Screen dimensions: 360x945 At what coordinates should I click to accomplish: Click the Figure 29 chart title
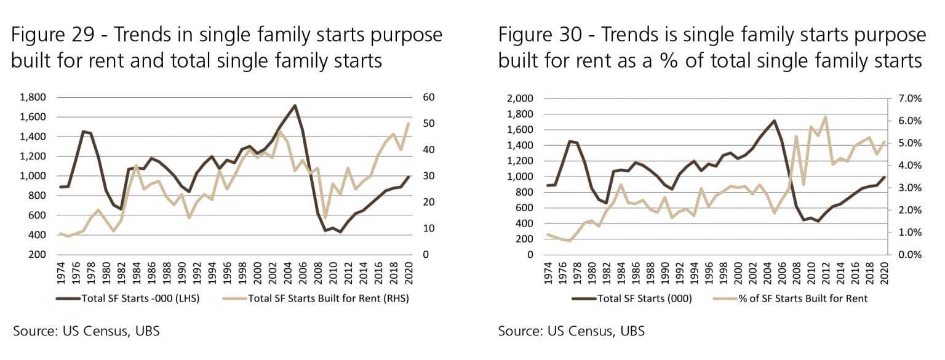[x=226, y=47]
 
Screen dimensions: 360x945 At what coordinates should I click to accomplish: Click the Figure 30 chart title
[x=712, y=47]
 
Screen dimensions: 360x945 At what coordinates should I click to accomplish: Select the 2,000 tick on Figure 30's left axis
[x=519, y=98]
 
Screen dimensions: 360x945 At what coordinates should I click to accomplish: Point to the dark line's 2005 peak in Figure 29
[x=295, y=105]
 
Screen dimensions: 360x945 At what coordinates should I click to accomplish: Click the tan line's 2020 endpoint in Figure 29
[x=408, y=123]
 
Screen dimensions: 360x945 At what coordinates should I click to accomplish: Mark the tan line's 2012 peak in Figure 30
[x=825, y=117]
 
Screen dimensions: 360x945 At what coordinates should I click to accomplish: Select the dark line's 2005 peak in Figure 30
[x=774, y=121]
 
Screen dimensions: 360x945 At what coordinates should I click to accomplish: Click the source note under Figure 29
[x=86, y=331]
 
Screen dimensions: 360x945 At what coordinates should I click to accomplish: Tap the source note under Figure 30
[x=572, y=331]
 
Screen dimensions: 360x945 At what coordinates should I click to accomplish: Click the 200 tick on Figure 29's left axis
[x=37, y=255]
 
